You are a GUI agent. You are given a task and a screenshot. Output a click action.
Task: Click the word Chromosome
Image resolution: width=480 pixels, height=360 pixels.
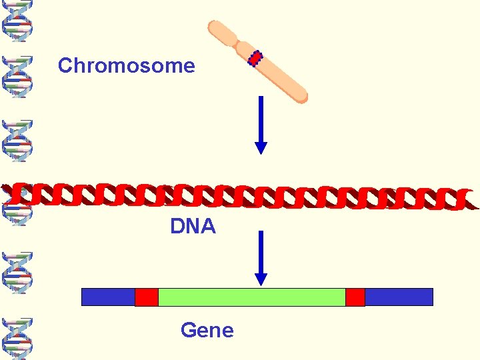click(126, 65)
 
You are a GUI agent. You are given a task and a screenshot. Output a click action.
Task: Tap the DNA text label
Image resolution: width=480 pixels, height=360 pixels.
click(193, 227)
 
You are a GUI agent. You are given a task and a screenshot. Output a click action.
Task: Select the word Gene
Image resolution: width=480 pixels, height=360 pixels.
click(207, 330)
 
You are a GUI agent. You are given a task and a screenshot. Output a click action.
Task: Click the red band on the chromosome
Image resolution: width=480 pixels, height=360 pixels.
click(255, 59)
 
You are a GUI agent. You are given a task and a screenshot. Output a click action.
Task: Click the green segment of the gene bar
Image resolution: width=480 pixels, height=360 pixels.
click(251, 297)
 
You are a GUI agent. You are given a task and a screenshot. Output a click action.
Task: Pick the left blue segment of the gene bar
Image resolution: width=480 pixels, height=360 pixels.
click(108, 297)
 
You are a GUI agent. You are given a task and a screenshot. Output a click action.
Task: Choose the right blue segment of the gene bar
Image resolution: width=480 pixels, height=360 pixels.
click(399, 297)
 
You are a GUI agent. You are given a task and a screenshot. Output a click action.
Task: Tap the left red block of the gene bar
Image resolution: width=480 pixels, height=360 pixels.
click(147, 297)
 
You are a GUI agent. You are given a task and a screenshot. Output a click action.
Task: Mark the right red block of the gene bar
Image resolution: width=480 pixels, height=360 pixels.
click(355, 297)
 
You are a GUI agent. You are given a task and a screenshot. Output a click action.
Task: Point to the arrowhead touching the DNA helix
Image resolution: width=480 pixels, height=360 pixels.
click(261, 147)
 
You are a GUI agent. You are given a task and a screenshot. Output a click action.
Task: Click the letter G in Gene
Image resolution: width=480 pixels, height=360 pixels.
click(188, 330)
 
